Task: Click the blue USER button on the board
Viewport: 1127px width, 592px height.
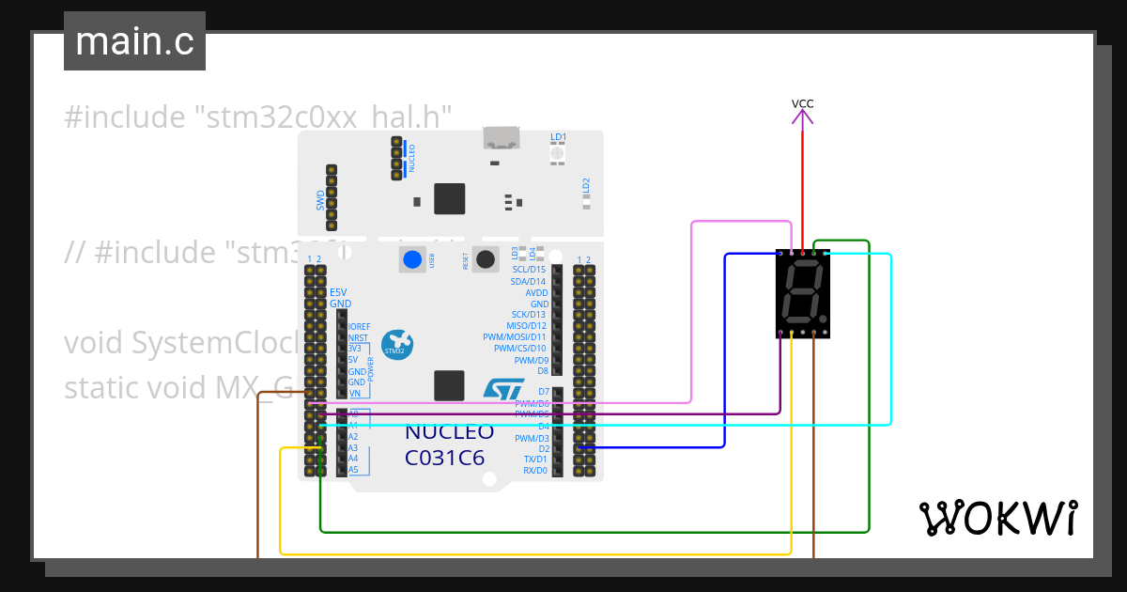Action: click(411, 259)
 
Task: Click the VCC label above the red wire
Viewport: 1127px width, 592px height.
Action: click(802, 103)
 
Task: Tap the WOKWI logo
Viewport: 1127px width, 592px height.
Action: click(996, 518)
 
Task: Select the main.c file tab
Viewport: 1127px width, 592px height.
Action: click(134, 41)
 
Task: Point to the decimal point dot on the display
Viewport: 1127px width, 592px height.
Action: click(824, 319)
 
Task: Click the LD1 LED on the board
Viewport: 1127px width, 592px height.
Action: click(558, 152)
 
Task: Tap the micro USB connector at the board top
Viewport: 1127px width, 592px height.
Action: click(502, 138)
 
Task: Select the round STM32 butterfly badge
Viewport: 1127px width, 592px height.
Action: click(397, 344)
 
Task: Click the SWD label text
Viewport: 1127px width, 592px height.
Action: click(320, 199)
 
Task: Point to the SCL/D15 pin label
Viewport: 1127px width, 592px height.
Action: click(528, 270)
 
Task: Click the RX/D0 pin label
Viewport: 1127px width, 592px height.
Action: click(534, 470)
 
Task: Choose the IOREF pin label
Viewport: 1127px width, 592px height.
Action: click(359, 326)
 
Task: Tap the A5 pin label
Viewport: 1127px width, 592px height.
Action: click(353, 470)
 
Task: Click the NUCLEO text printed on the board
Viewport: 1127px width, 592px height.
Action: click(449, 433)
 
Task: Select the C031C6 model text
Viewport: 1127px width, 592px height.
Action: click(444, 459)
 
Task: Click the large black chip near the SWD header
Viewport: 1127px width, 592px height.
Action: click(449, 198)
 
